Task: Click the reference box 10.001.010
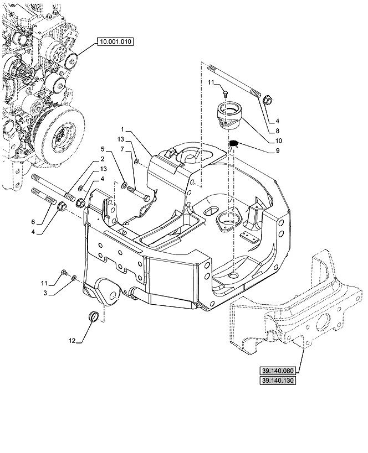tap(115, 41)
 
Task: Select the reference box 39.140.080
tap(278, 371)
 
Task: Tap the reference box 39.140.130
tap(278, 381)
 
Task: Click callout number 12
tap(72, 341)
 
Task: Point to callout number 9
tap(277, 150)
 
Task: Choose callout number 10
tap(278, 140)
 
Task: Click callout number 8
tap(277, 131)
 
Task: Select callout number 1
tap(122, 129)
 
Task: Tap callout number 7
tap(122, 149)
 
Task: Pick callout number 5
tap(102, 149)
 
